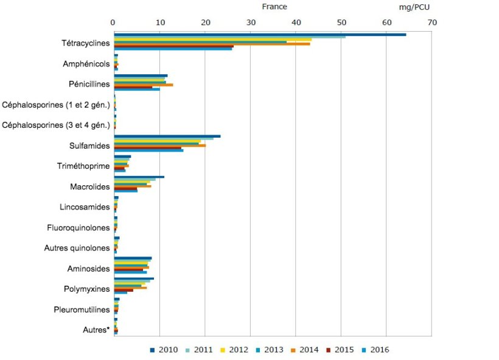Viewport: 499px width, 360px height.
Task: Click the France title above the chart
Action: (274, 7)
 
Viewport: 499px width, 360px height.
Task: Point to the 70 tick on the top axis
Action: (431, 22)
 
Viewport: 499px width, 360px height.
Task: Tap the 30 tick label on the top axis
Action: (250, 22)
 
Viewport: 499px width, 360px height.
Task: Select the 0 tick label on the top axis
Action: (114, 22)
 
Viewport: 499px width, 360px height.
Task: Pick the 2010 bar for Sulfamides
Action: (167, 136)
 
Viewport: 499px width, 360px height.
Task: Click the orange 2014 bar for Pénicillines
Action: (144, 84)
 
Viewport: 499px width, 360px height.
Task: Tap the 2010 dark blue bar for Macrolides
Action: (139, 177)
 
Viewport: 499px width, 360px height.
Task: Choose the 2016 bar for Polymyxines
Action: (120, 293)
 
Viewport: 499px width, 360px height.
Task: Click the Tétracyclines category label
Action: (86, 43)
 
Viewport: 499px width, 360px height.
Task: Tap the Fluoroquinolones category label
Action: (79, 227)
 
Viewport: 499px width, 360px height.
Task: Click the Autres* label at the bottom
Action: (96, 330)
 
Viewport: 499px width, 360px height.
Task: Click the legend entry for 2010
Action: (163, 350)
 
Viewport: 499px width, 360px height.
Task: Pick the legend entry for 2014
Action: (305, 350)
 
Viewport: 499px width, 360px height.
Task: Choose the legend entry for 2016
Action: (375, 350)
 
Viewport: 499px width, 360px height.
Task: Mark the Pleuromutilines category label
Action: (82, 309)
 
